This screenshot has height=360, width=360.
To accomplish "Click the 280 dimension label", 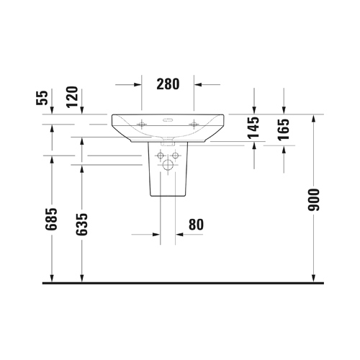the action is point(168,84).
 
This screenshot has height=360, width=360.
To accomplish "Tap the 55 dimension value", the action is point(42,98).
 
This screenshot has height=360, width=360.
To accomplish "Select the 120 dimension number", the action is point(73,97).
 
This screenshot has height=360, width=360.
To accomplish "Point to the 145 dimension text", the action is point(253,128).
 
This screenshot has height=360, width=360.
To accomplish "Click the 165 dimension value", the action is point(284,130).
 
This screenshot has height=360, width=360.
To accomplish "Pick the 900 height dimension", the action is point(314,200).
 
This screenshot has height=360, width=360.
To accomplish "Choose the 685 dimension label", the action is point(51,219).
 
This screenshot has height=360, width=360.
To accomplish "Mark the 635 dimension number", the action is point(81,224).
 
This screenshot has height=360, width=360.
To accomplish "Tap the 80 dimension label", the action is point(196,225).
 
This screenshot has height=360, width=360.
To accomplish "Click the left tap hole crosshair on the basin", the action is point(142,124).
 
